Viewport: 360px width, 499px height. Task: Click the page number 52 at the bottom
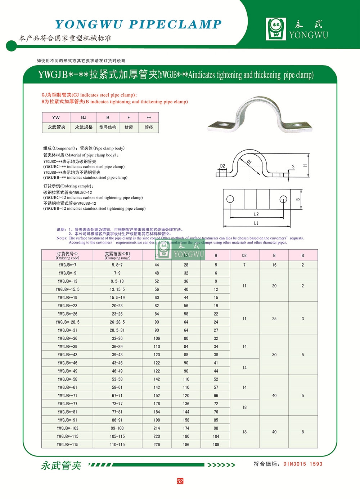click(x=180, y=481)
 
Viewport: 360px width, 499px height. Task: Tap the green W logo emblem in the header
click(x=276, y=29)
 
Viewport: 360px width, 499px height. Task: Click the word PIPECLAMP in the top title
click(x=175, y=24)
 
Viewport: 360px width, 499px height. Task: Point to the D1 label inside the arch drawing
click(x=249, y=162)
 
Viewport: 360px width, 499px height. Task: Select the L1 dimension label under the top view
click(x=256, y=223)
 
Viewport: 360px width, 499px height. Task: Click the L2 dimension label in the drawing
click(x=256, y=214)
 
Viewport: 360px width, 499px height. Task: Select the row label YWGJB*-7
click(x=67, y=265)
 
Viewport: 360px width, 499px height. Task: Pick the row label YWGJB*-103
click(x=67, y=428)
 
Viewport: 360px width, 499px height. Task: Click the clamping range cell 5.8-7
click(x=117, y=265)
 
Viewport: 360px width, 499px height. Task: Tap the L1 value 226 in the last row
click(x=157, y=445)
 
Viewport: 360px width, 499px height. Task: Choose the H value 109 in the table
click(x=216, y=445)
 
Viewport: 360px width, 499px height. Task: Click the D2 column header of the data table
click(x=244, y=255)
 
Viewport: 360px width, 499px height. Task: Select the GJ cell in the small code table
click(x=84, y=117)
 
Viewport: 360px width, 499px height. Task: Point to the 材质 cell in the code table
click(x=129, y=127)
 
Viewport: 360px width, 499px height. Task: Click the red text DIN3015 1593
click(x=303, y=464)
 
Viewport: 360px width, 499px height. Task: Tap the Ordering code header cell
click(x=67, y=255)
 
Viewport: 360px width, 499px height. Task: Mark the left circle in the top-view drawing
click(x=230, y=199)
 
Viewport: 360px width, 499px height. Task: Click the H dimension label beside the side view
click(x=305, y=165)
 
